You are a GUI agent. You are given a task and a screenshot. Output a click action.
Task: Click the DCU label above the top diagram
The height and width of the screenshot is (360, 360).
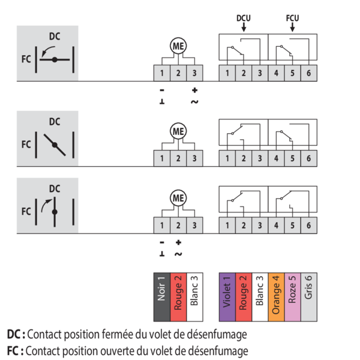244,18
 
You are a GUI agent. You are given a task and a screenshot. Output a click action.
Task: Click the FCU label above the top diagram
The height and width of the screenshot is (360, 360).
293,18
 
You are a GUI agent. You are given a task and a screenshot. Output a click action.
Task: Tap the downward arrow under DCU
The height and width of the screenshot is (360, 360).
244,27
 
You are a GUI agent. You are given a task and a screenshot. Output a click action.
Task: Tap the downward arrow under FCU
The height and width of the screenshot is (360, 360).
293,27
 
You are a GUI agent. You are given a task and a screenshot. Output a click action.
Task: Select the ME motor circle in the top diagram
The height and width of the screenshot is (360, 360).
178,46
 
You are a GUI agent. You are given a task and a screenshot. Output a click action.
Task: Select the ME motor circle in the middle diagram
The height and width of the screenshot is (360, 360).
178,131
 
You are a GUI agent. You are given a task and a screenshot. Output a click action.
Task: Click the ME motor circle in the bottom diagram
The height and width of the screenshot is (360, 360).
178,198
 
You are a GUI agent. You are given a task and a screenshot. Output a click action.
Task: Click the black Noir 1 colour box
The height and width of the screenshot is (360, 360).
162,297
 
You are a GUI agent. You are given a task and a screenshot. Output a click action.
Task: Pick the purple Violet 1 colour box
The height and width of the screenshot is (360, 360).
227,297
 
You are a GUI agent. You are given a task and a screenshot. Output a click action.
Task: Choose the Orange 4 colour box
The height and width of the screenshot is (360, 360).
276,297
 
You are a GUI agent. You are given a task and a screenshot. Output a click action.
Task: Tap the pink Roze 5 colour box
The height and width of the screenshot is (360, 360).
293,297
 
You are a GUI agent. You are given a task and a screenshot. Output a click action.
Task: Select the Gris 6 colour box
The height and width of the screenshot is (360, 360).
309,297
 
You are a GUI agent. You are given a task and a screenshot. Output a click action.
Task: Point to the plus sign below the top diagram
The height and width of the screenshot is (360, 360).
194,90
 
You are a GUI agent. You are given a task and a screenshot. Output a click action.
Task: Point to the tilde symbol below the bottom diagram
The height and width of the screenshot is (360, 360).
178,254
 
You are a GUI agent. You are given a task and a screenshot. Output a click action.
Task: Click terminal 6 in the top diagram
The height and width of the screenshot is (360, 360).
309,73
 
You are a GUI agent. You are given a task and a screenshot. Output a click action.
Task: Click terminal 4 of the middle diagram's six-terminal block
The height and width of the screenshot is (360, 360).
276,158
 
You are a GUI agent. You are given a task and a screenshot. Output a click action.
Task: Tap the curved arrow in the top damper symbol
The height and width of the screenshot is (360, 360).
47,51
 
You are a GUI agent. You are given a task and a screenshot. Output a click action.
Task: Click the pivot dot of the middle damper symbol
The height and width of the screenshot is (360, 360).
55,145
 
